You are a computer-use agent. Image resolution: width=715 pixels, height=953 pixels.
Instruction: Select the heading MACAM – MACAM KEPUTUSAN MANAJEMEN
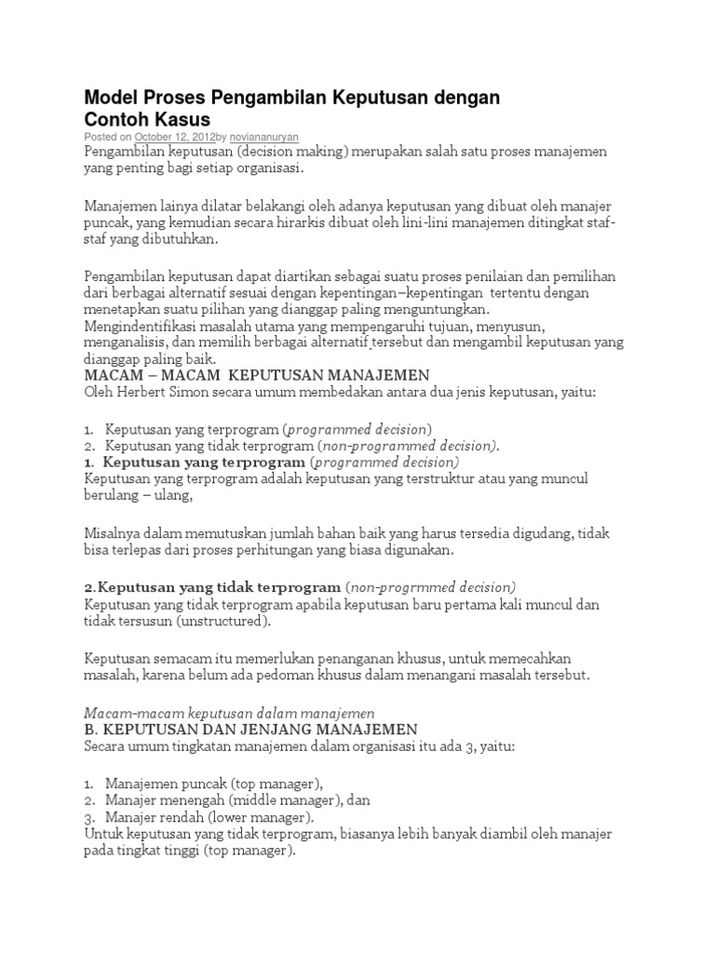[256, 375]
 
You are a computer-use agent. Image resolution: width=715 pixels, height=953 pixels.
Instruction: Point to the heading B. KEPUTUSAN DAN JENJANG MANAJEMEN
[250, 729]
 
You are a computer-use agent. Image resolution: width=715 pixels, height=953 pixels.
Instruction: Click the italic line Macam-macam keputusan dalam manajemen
[229, 712]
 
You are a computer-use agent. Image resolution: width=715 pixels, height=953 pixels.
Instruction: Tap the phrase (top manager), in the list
[280, 783]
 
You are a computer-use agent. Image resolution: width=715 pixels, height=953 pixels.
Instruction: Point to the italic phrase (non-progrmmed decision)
[430, 587]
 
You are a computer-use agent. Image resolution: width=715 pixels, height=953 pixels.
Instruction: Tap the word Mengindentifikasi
[140, 327]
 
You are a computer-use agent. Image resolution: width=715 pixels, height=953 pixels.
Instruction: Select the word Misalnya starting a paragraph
[112, 532]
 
